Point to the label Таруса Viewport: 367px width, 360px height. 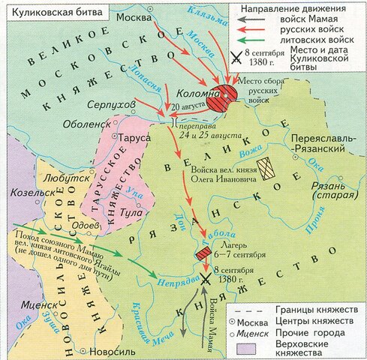(133, 138)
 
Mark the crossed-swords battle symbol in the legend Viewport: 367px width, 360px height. (236, 55)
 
